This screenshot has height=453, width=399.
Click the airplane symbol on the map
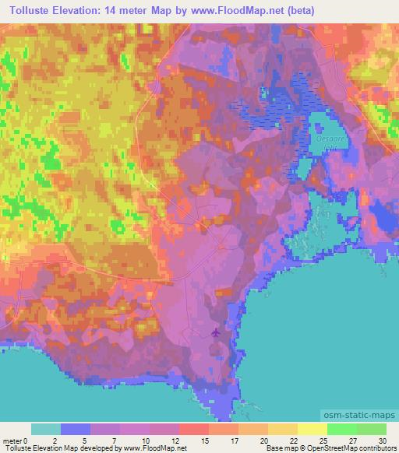216,333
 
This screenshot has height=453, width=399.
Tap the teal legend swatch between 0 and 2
46,430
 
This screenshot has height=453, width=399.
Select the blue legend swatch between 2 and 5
76,430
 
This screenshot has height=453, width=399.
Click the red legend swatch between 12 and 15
193,430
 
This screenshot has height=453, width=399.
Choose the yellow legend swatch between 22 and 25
312,430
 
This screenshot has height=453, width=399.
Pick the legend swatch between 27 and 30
371,430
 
